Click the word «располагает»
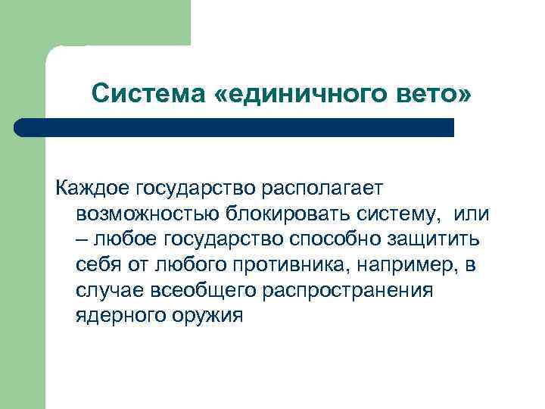(x=326, y=188)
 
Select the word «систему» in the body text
(x=402, y=214)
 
